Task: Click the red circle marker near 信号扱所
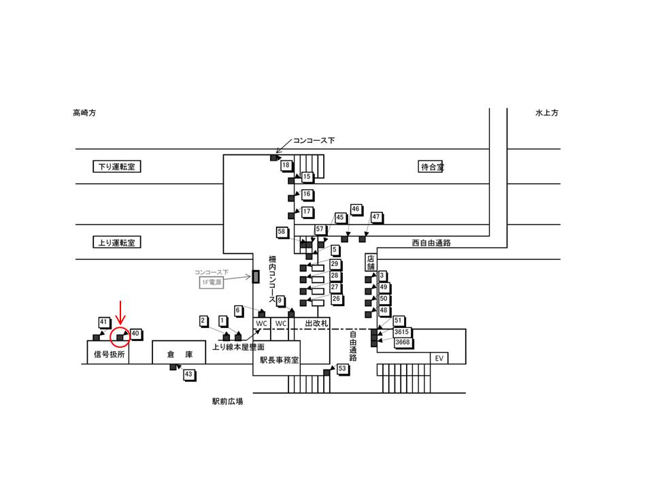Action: point(120,336)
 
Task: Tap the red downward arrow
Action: point(120,313)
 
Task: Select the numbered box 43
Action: point(188,374)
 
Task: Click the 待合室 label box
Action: point(431,167)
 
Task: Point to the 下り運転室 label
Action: point(116,167)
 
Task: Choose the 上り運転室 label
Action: point(116,242)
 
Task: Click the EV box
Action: point(439,359)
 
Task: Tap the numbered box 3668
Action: point(402,342)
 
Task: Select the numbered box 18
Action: point(286,165)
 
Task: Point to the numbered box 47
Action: point(375,217)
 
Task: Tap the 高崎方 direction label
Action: point(85,113)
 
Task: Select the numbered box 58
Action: point(282,232)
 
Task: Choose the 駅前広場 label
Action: point(228,402)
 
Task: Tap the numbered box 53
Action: point(342,368)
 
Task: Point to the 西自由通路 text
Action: point(431,242)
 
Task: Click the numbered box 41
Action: point(103,321)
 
